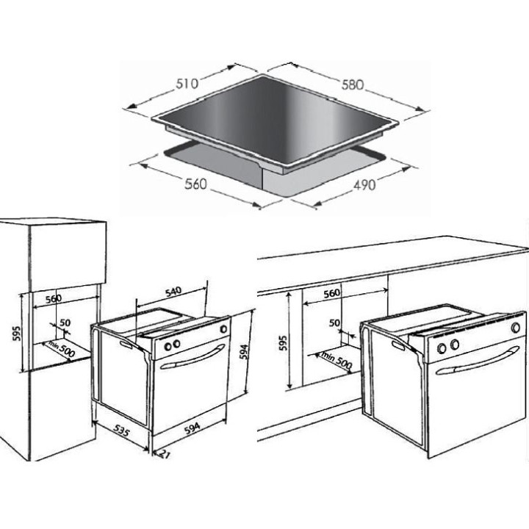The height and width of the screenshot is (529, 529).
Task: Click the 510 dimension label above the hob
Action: coord(187,84)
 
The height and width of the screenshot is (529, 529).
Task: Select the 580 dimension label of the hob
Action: coord(353,84)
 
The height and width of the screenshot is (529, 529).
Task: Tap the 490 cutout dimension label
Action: coord(364,185)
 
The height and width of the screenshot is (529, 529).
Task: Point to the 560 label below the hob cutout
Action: coord(195,184)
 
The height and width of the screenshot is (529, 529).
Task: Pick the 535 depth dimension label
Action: coord(121,431)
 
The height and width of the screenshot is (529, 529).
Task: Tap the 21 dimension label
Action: coord(164,455)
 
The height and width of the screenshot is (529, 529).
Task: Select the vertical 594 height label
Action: coord(245,351)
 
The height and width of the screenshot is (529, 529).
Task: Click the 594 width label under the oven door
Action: coord(192,428)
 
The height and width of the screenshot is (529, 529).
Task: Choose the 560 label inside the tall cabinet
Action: coord(54,299)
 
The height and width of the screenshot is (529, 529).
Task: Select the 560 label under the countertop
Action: coord(332,293)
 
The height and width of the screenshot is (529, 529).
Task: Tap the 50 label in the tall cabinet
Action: coord(65,323)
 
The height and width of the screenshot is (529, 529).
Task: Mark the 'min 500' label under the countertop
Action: coord(337,360)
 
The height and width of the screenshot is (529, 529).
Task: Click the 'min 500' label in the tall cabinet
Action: coord(61,349)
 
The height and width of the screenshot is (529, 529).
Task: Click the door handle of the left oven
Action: coord(193,356)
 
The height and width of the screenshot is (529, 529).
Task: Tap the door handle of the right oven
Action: coord(477,360)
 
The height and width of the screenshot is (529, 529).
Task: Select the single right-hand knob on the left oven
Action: coord(223,328)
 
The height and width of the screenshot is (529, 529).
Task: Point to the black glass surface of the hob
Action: coord(275,119)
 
